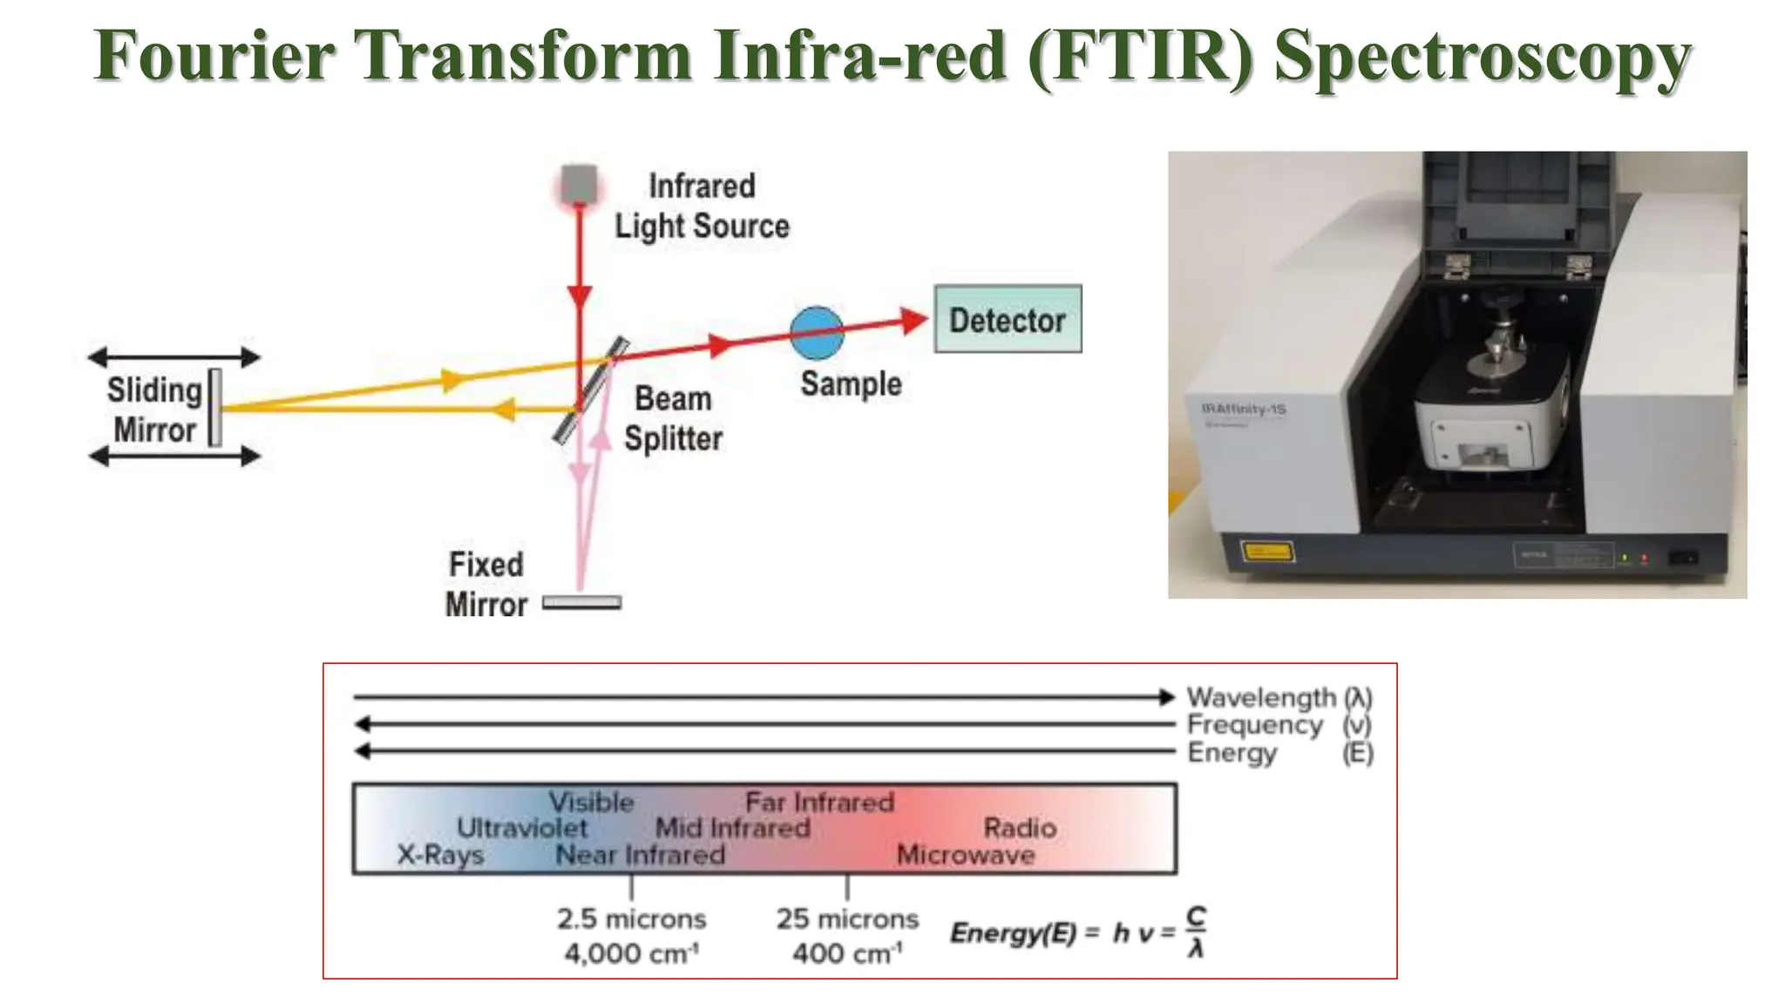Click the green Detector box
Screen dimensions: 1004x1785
coord(1007,319)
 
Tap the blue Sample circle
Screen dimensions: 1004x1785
coord(817,333)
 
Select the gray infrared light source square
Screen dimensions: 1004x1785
coord(579,184)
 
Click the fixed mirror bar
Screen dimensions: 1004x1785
coord(581,602)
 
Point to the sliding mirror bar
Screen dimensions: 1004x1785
coord(214,408)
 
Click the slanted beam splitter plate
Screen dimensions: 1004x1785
coord(591,390)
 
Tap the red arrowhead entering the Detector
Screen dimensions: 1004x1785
coord(913,321)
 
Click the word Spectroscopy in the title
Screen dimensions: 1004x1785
coord(1482,56)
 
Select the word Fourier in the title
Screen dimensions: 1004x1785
coord(214,56)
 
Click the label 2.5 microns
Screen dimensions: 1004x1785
coord(631,919)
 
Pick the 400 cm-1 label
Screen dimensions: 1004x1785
coord(846,953)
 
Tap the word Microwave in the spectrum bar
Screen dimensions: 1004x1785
coord(966,855)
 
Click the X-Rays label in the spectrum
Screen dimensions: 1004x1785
coord(440,855)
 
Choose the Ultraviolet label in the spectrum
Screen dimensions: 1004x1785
coord(522,828)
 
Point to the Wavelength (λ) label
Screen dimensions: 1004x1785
coord(1279,697)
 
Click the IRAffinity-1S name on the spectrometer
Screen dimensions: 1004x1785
coord(1244,409)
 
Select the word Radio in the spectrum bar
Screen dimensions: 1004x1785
coord(1020,828)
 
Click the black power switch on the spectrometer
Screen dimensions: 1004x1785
coord(1682,557)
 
